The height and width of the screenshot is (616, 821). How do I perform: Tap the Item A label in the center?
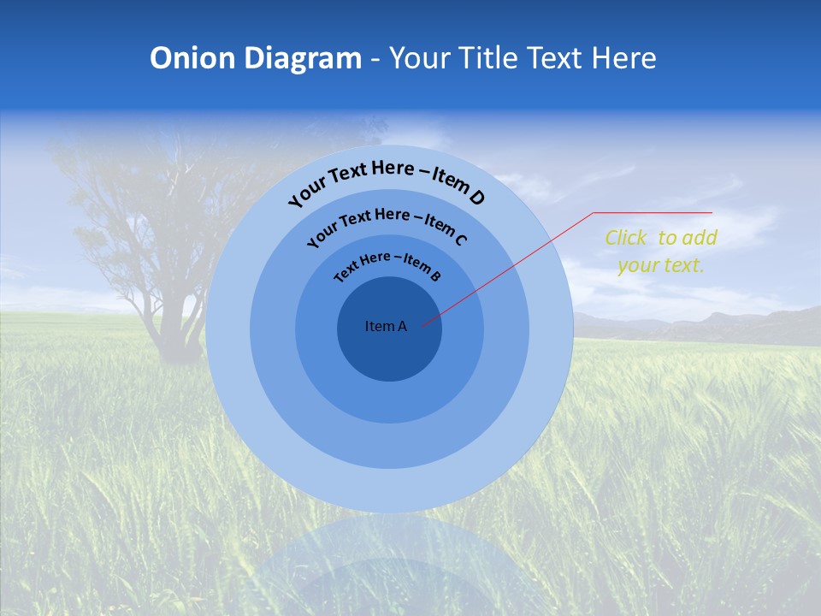coord(386,326)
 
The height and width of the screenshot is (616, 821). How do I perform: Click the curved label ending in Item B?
coord(387,264)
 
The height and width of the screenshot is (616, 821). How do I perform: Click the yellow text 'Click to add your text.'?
coord(660,252)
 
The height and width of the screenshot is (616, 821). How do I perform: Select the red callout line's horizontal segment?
coord(653,212)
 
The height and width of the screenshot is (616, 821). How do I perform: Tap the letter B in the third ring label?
coord(435,276)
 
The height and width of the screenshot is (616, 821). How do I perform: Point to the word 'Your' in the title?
coord(422,58)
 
